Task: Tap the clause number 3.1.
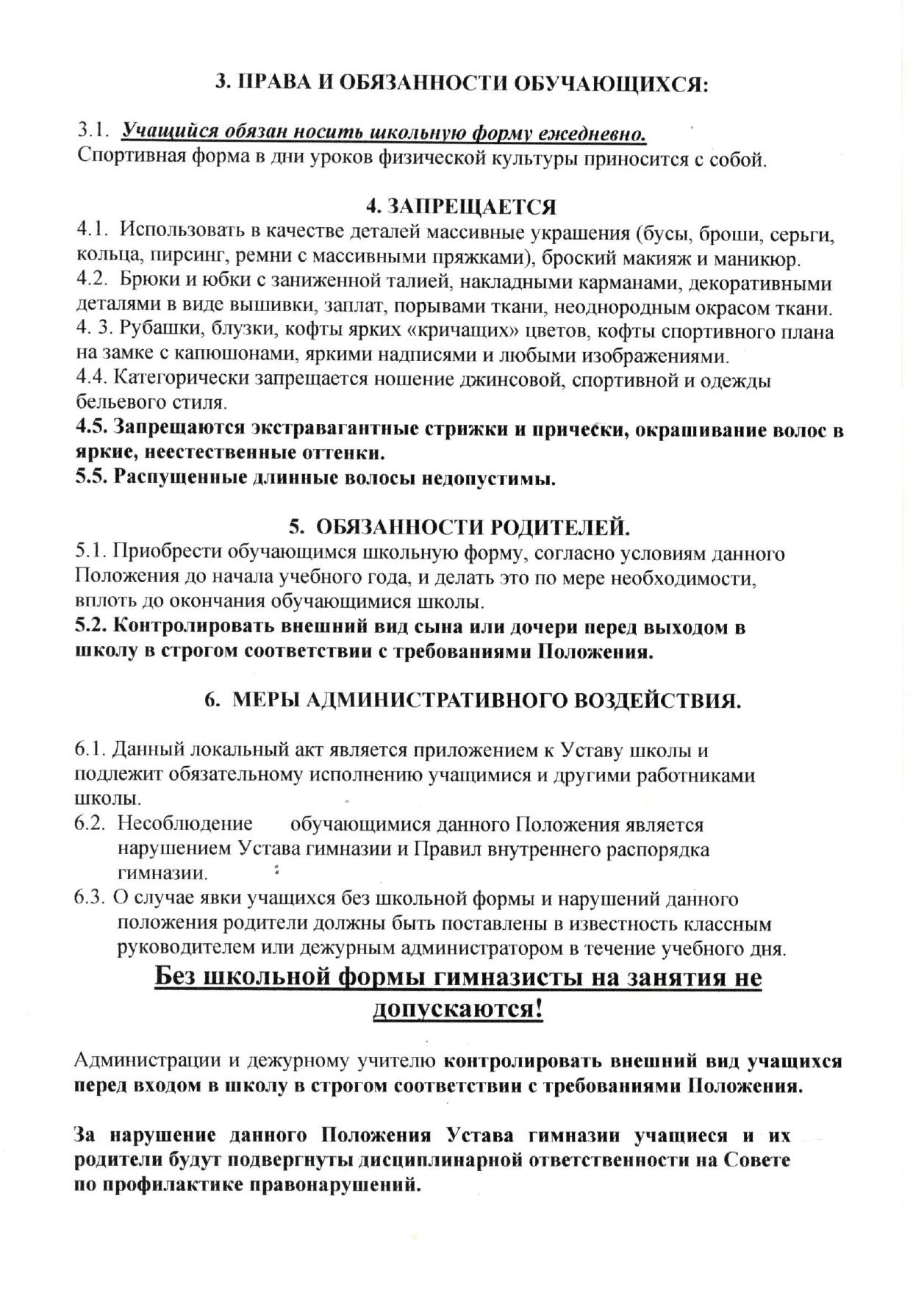(94, 132)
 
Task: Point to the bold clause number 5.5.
(93, 478)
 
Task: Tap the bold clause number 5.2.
(93, 627)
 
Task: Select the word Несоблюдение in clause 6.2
(185, 824)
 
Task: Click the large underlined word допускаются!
(458, 1009)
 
